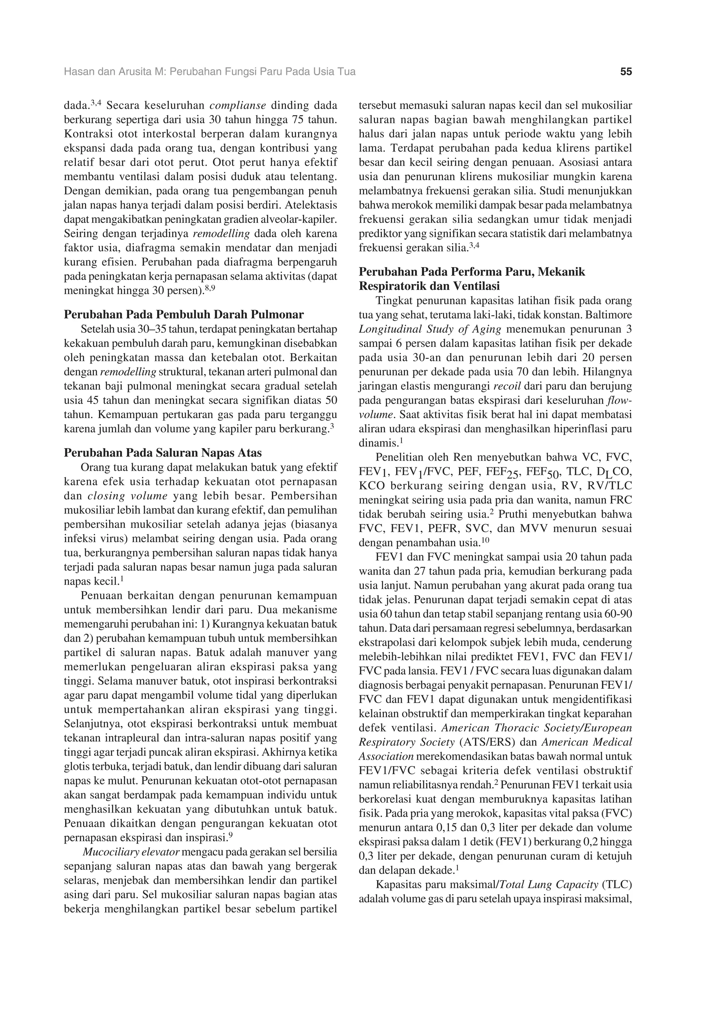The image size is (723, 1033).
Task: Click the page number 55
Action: [x=626, y=72]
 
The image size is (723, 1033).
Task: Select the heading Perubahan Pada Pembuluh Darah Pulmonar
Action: [x=184, y=314]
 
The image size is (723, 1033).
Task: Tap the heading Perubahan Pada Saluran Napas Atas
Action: [x=163, y=453]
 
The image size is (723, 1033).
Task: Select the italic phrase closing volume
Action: [x=127, y=496]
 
